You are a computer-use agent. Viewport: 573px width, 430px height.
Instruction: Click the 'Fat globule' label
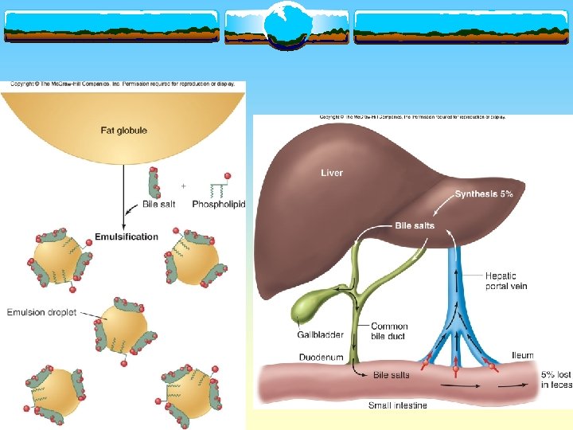point(123,131)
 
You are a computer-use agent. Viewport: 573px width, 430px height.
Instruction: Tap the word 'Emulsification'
point(127,236)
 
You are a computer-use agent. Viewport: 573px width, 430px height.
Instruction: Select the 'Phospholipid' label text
point(219,205)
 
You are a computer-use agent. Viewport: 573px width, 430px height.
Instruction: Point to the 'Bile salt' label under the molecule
point(158,205)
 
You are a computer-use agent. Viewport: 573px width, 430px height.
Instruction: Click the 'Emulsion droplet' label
point(41,312)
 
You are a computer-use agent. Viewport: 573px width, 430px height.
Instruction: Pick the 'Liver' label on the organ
point(332,173)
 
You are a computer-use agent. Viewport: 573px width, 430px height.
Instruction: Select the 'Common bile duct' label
point(389,331)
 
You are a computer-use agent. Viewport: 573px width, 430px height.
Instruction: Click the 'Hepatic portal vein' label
point(506,281)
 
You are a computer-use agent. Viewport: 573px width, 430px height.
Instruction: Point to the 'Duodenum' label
point(322,358)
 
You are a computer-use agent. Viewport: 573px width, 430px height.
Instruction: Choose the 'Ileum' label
point(522,356)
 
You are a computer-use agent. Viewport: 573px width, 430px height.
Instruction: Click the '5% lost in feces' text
point(555,380)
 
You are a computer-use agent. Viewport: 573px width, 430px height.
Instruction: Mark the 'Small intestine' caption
point(397,405)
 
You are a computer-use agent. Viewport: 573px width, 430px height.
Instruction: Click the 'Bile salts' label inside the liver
point(415,225)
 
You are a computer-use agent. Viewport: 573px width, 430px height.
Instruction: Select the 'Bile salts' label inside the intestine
point(392,373)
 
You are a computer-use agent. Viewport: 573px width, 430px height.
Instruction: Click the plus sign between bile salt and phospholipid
point(183,186)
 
